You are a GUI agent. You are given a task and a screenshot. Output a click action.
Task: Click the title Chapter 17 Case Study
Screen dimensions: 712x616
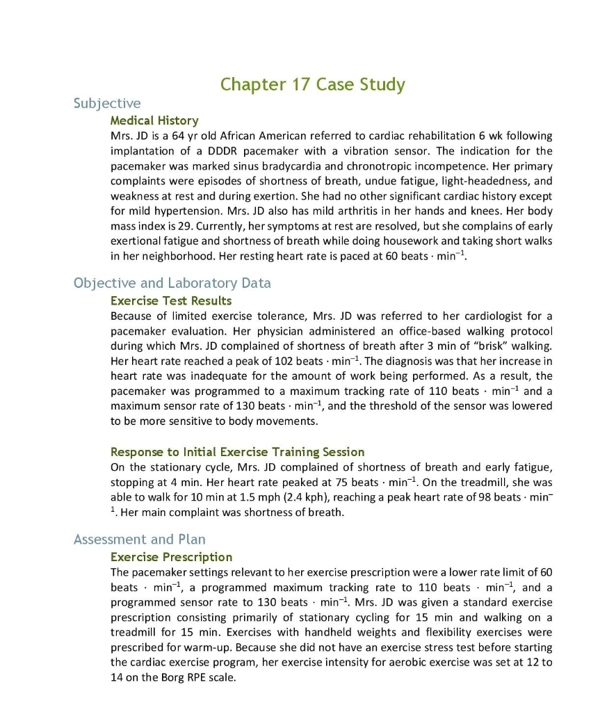click(x=312, y=85)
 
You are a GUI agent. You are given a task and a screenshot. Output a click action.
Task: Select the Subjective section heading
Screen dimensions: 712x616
click(x=107, y=104)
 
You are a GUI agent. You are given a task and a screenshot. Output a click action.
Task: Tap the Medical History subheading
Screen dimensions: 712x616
click(x=154, y=120)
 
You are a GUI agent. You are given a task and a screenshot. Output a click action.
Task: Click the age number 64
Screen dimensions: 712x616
click(x=179, y=136)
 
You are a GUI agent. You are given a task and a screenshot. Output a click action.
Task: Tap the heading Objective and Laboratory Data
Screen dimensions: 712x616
click(x=172, y=283)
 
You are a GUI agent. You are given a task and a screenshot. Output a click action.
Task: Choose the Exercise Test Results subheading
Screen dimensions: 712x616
click(x=171, y=301)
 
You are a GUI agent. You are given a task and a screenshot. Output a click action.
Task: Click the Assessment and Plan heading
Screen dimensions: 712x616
click(x=139, y=540)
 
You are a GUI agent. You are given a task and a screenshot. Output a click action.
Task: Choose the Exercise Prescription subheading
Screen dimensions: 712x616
click(x=171, y=557)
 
